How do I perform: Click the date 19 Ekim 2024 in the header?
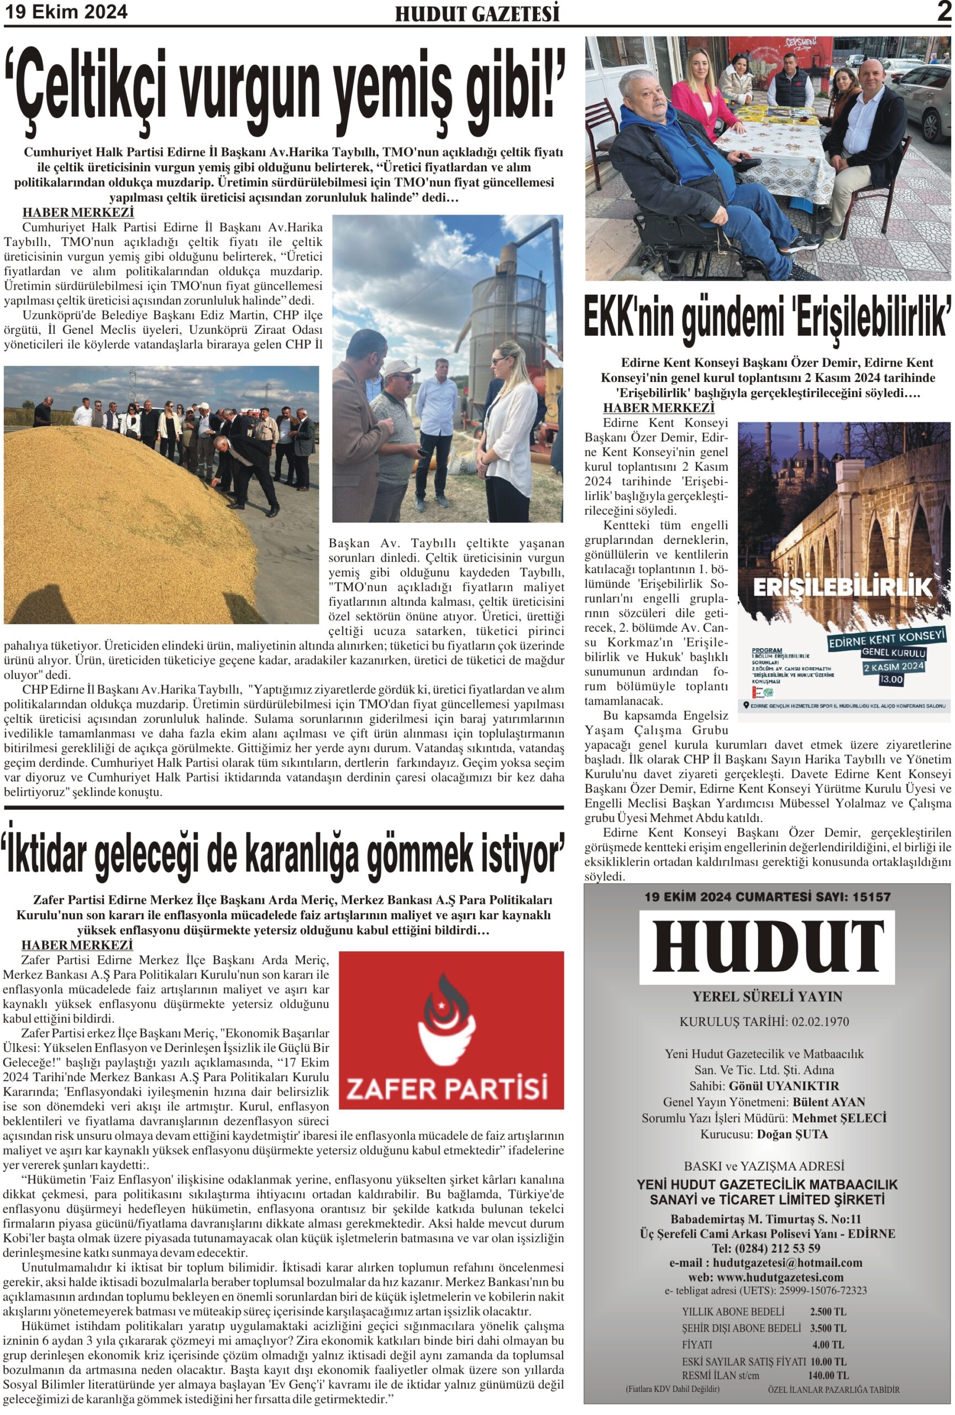click(66, 12)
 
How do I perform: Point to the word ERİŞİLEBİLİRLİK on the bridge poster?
click(843, 587)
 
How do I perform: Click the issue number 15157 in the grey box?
click(870, 897)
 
